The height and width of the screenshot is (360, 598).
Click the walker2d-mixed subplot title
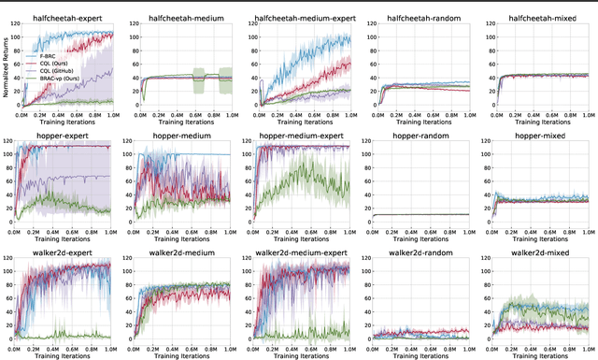[x=538, y=253]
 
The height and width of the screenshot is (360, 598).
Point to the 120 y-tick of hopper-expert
[x=12, y=142]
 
